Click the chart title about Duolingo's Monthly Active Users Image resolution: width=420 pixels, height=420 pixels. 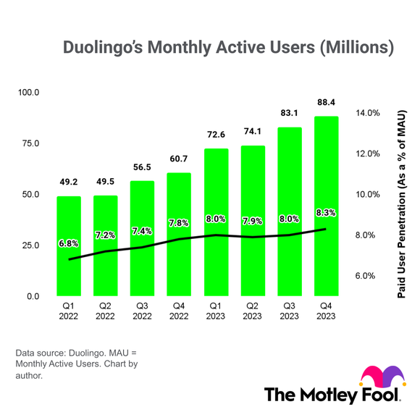coord(228,49)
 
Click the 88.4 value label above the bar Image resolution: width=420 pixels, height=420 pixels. coord(327,103)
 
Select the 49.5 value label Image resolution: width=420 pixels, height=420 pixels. coord(105,182)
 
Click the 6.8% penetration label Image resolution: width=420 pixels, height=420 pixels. coord(69,243)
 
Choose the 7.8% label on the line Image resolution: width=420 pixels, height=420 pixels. coord(179,224)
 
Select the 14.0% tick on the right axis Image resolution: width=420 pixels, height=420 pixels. coord(367,114)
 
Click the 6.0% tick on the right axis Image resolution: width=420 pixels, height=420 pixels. coord(366,276)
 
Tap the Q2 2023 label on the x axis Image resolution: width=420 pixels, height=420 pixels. coord(253,311)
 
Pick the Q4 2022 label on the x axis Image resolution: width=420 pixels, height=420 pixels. coord(179,311)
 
